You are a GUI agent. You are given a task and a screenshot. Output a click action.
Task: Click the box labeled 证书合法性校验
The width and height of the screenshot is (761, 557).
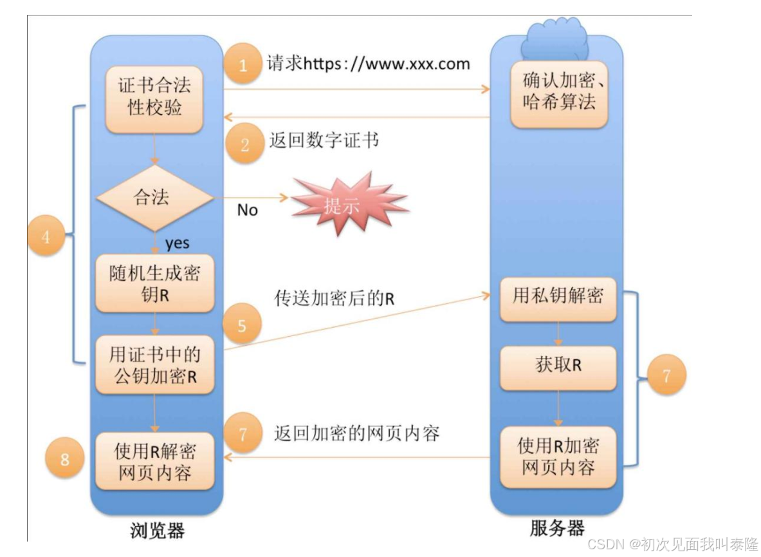coord(154,98)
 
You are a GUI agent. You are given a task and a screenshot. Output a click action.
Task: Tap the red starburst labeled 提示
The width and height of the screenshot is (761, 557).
coord(342,205)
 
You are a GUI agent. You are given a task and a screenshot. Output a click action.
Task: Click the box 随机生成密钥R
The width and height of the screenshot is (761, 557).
coord(154,283)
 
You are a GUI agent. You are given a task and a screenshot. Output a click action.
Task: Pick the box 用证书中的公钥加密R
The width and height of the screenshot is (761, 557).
coord(154,364)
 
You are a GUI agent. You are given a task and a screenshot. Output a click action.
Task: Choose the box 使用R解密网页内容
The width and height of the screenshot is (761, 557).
coord(154,461)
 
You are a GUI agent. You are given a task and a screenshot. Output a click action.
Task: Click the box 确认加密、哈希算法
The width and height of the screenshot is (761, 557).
coord(558,92)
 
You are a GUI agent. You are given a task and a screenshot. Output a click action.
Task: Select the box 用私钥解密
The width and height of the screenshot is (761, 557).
coord(558,297)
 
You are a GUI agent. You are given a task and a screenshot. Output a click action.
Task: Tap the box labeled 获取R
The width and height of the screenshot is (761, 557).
coord(558,366)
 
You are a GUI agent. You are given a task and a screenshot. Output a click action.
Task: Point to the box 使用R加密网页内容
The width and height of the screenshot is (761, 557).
coord(558,456)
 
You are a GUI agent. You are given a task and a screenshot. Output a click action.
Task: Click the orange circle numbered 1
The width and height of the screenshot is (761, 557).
coord(243,64)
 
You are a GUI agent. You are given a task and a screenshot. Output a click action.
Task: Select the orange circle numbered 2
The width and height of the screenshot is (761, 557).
coord(244,145)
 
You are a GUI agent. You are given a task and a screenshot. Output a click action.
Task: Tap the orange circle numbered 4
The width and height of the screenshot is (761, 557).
coord(47,237)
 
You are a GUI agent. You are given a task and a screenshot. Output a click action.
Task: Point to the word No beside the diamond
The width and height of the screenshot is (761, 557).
coord(247,211)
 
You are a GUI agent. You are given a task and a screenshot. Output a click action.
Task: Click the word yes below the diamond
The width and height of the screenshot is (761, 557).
coord(177,243)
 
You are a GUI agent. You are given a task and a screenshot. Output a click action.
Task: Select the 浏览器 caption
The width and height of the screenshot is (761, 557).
coord(157,531)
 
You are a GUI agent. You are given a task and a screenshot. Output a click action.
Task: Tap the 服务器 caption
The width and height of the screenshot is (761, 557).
coord(557,529)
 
